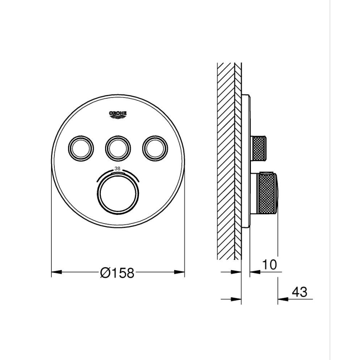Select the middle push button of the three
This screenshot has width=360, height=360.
pos(117,146)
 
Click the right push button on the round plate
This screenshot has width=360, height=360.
pos(155,146)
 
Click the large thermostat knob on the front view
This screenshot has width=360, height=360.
pos(117,193)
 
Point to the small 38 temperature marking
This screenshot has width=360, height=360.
pos(117,169)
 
